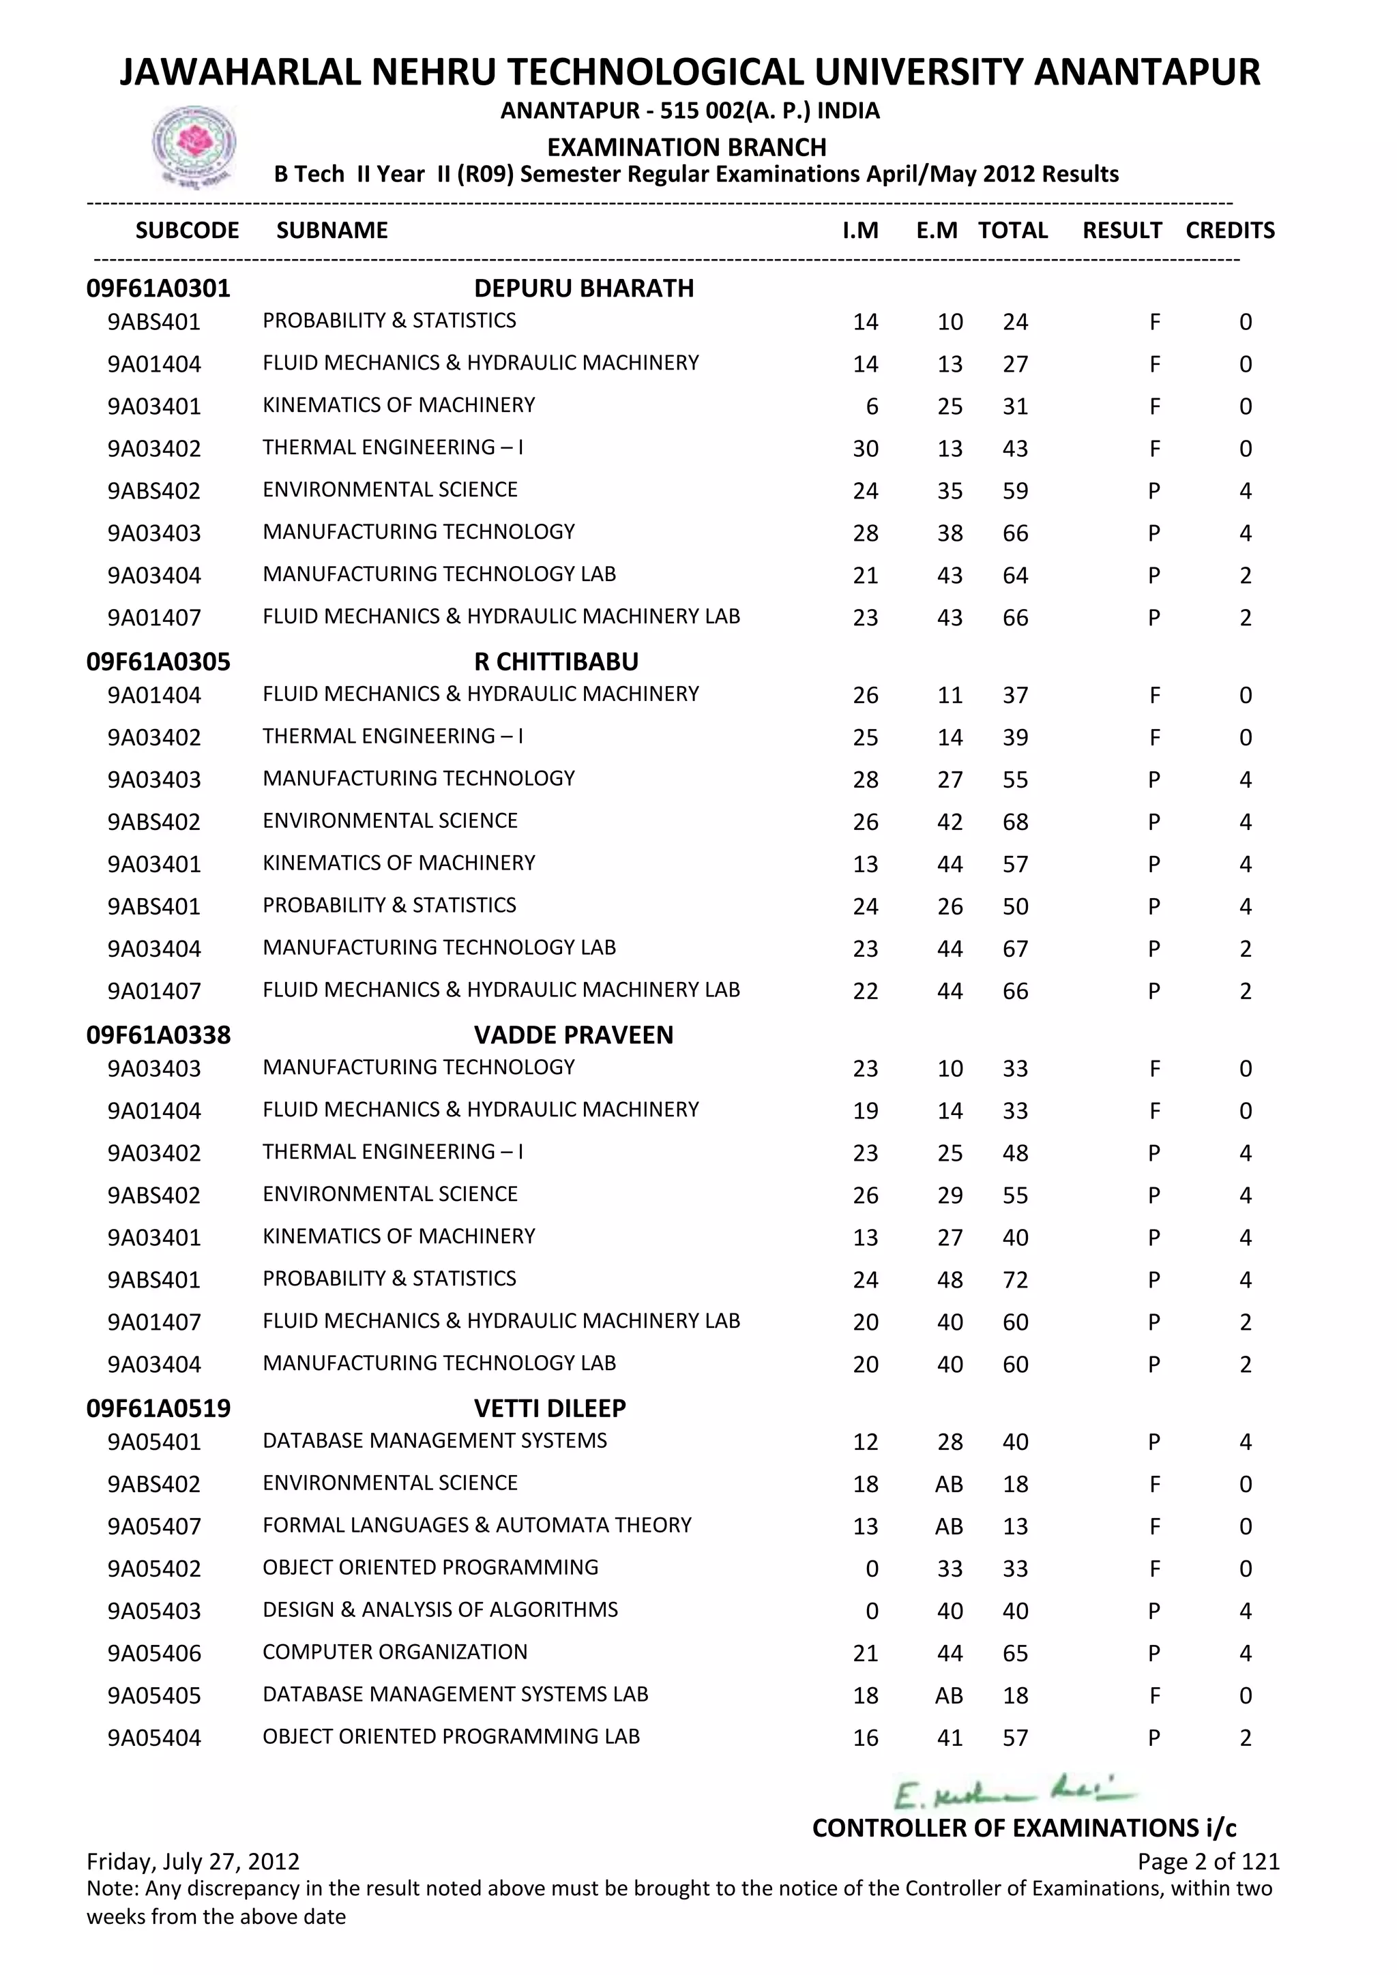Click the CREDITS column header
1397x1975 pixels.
pyautogui.click(x=1229, y=231)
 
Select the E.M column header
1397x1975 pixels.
pyautogui.click(x=937, y=231)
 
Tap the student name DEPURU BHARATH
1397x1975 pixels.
pyautogui.click(x=583, y=288)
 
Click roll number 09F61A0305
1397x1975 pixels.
pyautogui.click(x=158, y=662)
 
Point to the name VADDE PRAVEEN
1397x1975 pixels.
pyautogui.click(x=573, y=1035)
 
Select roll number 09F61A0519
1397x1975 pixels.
pyautogui.click(x=158, y=1408)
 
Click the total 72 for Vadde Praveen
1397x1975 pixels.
pyautogui.click(x=1015, y=1280)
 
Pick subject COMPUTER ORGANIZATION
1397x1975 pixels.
pyautogui.click(x=395, y=1652)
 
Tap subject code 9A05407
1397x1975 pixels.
pyautogui.click(x=154, y=1527)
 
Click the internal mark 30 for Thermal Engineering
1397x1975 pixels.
pyautogui.click(x=866, y=449)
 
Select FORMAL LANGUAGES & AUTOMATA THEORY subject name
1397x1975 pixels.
pyautogui.click(x=477, y=1525)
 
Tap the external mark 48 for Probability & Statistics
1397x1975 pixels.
pyautogui.click(x=950, y=1280)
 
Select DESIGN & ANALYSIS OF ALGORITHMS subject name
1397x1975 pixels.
pyautogui.click(x=439, y=1609)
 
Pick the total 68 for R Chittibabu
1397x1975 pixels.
pyautogui.click(x=1015, y=822)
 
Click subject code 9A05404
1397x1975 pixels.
pyautogui.click(x=154, y=1738)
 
